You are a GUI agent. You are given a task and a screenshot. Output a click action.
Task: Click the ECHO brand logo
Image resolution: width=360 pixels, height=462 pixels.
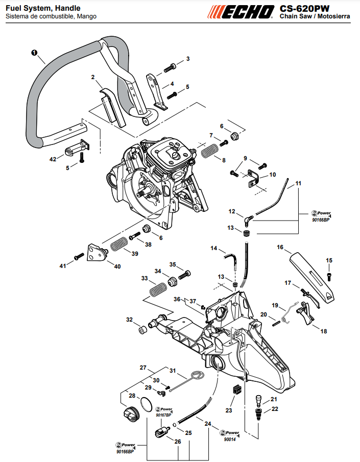pyautogui.click(x=241, y=12)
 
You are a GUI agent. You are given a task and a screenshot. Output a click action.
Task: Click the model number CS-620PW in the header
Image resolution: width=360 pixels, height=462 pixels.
pyautogui.click(x=304, y=9)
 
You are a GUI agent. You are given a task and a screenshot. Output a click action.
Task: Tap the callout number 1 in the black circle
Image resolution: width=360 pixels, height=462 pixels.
pyautogui.click(x=34, y=53)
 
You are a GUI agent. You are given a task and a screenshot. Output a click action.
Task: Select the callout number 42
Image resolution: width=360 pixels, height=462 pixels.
pyautogui.click(x=53, y=159)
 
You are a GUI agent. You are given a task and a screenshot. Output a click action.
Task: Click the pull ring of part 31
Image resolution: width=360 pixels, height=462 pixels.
pyautogui.click(x=197, y=375)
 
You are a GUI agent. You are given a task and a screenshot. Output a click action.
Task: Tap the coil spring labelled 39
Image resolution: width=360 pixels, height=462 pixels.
pyautogui.click(x=119, y=244)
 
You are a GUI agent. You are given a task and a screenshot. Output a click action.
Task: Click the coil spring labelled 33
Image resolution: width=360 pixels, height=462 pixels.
pyautogui.click(x=158, y=289)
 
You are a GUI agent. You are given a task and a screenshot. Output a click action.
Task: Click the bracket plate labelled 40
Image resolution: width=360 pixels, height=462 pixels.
pyautogui.click(x=98, y=253)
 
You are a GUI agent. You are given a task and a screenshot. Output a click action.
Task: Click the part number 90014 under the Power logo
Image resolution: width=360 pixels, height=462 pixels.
pyautogui.click(x=230, y=440)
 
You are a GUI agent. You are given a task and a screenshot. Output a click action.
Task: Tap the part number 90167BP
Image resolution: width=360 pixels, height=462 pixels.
pyautogui.click(x=163, y=415)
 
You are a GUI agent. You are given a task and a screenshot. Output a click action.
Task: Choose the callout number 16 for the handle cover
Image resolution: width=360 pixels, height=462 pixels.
pyautogui.click(x=280, y=247)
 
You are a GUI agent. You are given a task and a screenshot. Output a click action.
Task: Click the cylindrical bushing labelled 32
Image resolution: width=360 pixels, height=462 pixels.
pyautogui.click(x=142, y=330)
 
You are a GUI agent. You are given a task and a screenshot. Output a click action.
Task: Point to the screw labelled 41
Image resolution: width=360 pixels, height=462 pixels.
pyautogui.click(x=79, y=256)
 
